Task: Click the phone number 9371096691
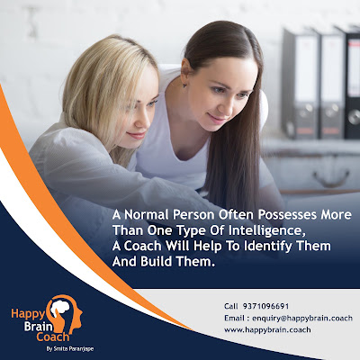(265, 306)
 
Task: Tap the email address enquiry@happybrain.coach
(302, 318)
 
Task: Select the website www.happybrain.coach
(267, 329)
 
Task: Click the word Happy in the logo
(28, 314)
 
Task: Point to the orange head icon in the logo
(67, 313)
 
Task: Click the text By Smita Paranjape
(70, 349)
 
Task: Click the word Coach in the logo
(53, 337)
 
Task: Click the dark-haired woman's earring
(184, 85)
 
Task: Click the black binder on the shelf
(351, 83)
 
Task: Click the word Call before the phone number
(231, 306)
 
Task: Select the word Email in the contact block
(234, 318)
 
